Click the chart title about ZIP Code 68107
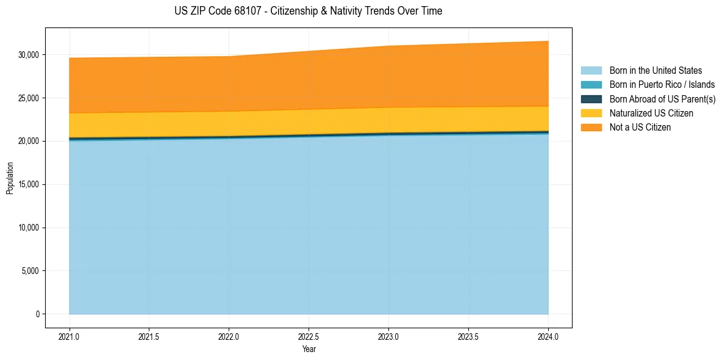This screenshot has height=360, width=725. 308,11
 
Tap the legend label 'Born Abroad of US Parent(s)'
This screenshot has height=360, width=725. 662,99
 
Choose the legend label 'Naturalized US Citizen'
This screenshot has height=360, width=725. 651,113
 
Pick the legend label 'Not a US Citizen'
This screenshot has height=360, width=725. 640,127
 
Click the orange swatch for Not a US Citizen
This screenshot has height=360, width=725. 591,127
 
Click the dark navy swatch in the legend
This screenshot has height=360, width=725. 591,99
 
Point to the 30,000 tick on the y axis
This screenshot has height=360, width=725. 29,55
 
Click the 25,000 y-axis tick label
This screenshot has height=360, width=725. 29,98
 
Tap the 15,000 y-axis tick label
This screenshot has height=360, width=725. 29,184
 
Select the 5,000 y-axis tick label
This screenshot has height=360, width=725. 30,271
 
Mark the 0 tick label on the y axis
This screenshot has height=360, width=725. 37,314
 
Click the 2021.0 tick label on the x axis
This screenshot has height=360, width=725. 70,336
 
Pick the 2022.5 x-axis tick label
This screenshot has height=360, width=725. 309,336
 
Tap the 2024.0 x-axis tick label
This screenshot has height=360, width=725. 548,336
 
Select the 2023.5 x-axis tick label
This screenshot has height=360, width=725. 468,336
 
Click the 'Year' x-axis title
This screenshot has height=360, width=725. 309,349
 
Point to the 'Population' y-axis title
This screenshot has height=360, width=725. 10,178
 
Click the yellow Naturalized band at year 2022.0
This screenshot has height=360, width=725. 229,124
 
